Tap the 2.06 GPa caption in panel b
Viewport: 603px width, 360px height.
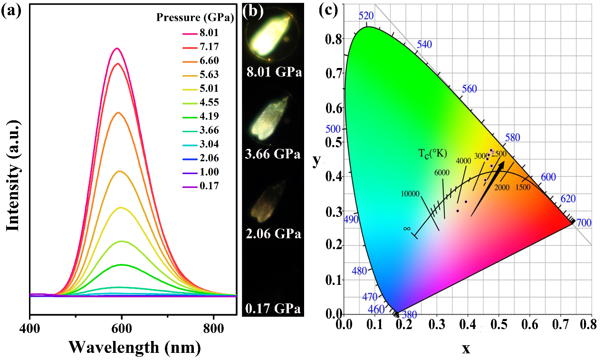tap(274, 234)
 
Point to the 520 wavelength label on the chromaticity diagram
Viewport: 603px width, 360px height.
tap(366, 16)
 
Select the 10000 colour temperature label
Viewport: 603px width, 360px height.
tap(411, 194)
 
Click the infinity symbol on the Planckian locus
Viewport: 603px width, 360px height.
tap(407, 228)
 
